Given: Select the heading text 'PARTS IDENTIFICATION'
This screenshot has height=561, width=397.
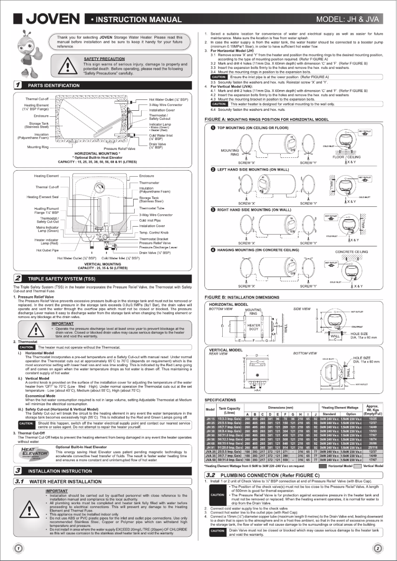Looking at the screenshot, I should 53,86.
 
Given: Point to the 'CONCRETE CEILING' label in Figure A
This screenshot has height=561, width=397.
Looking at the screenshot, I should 351,252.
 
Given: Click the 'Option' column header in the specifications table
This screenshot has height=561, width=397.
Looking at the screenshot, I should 351,415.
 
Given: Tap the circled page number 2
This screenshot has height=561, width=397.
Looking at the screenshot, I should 378,547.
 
